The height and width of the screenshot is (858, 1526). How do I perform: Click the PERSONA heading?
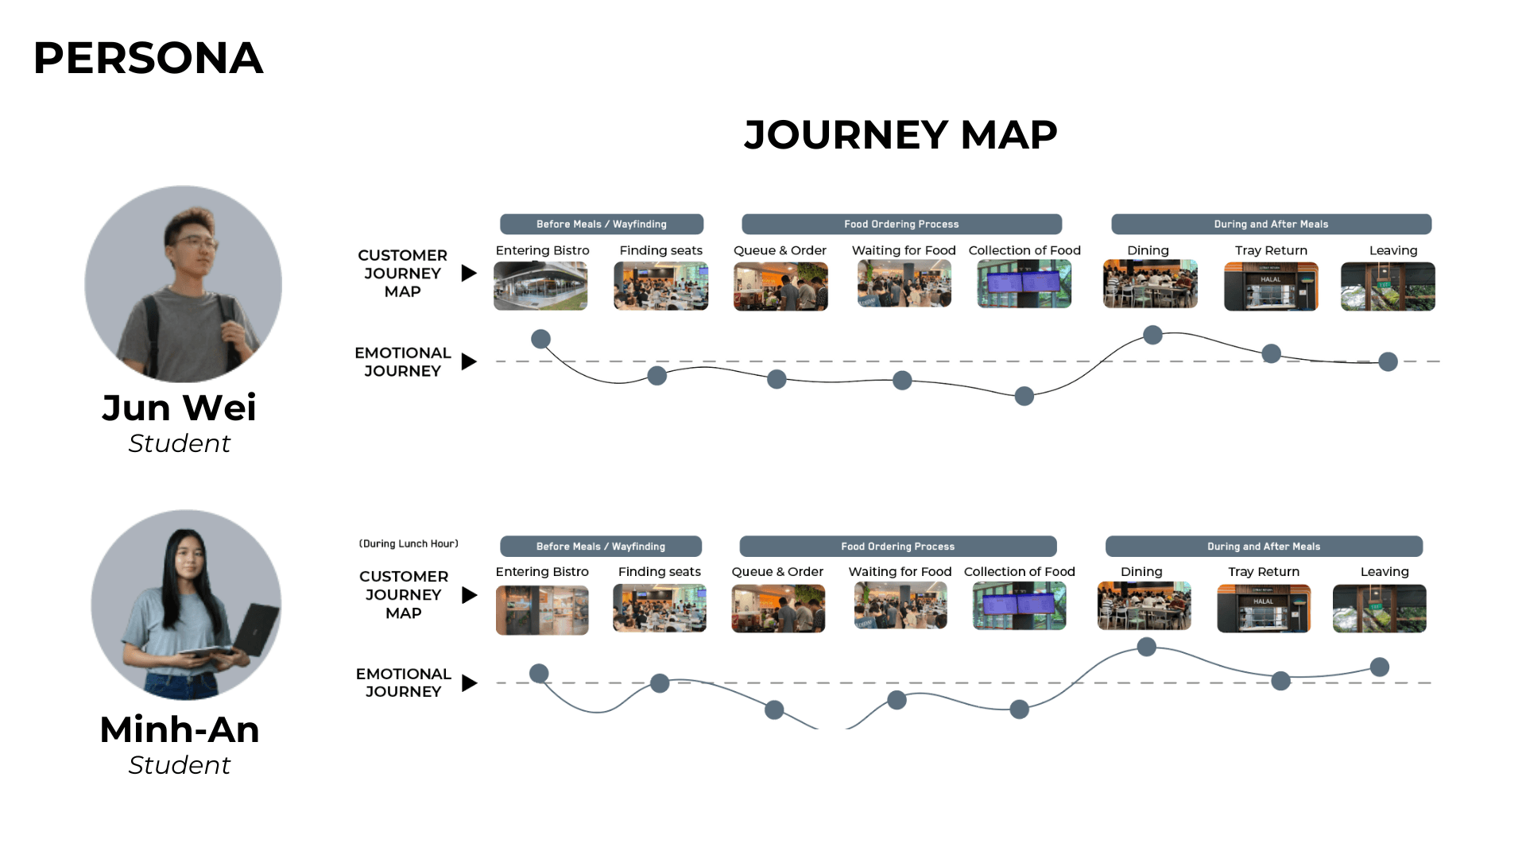(148, 58)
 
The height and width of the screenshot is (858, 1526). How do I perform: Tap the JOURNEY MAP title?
(900, 134)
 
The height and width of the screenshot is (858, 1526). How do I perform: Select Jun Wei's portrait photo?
(184, 284)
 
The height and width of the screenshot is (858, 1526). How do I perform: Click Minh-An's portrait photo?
(186, 605)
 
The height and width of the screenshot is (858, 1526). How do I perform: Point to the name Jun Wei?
(180, 408)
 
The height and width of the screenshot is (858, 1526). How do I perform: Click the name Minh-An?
(180, 729)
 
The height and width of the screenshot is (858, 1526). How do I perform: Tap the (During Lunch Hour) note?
(409, 544)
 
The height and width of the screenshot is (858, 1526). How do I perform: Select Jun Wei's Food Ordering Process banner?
(901, 224)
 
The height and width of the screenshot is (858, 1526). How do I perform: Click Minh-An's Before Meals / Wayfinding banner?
(601, 547)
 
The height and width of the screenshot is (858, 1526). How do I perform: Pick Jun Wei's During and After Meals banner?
(1271, 224)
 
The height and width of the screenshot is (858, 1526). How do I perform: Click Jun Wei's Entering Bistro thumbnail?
(540, 286)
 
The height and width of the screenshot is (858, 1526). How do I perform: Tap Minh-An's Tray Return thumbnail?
(1264, 609)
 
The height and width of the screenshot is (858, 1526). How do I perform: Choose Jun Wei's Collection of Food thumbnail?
(1024, 284)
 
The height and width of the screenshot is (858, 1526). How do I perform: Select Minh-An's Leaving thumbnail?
(1379, 609)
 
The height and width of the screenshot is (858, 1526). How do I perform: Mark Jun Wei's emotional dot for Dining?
(1152, 334)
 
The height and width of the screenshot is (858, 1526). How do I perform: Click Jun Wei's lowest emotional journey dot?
(1024, 396)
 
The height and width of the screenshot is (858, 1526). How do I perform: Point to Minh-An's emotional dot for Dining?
(1146, 647)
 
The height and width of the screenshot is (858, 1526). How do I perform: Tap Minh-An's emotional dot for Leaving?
(1380, 667)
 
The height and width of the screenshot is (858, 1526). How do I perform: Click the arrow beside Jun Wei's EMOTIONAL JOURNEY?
(469, 362)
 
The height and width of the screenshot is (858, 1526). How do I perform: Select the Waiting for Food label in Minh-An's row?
(900, 572)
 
